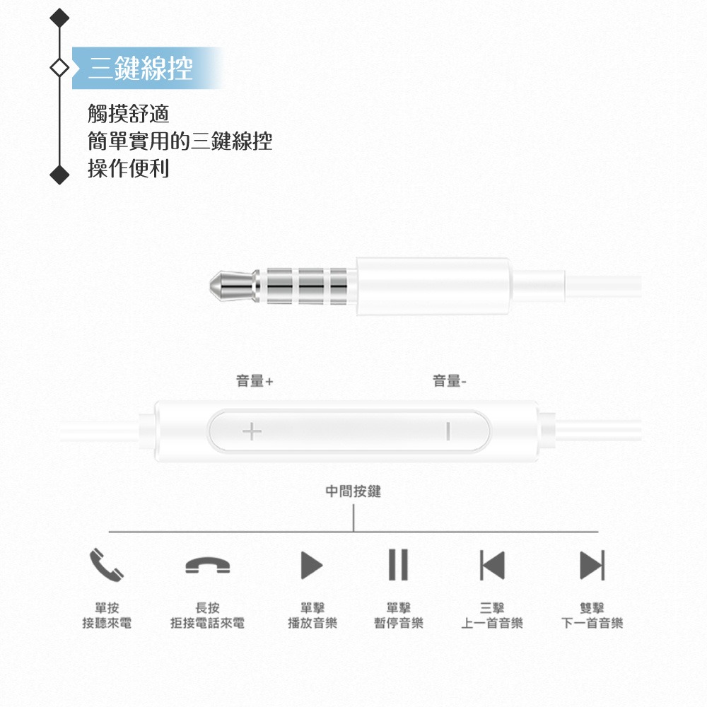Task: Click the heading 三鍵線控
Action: point(141,69)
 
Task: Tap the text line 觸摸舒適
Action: point(129,113)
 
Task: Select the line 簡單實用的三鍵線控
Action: point(180,141)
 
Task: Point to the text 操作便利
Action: point(129,169)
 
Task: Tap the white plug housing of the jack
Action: point(433,286)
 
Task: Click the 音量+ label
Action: point(255,382)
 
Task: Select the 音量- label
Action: point(450,382)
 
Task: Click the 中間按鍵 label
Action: point(353,491)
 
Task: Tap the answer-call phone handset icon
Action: point(106,564)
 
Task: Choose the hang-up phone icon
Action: point(208,565)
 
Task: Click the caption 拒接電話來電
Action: point(208,624)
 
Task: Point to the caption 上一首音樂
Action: point(492,624)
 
